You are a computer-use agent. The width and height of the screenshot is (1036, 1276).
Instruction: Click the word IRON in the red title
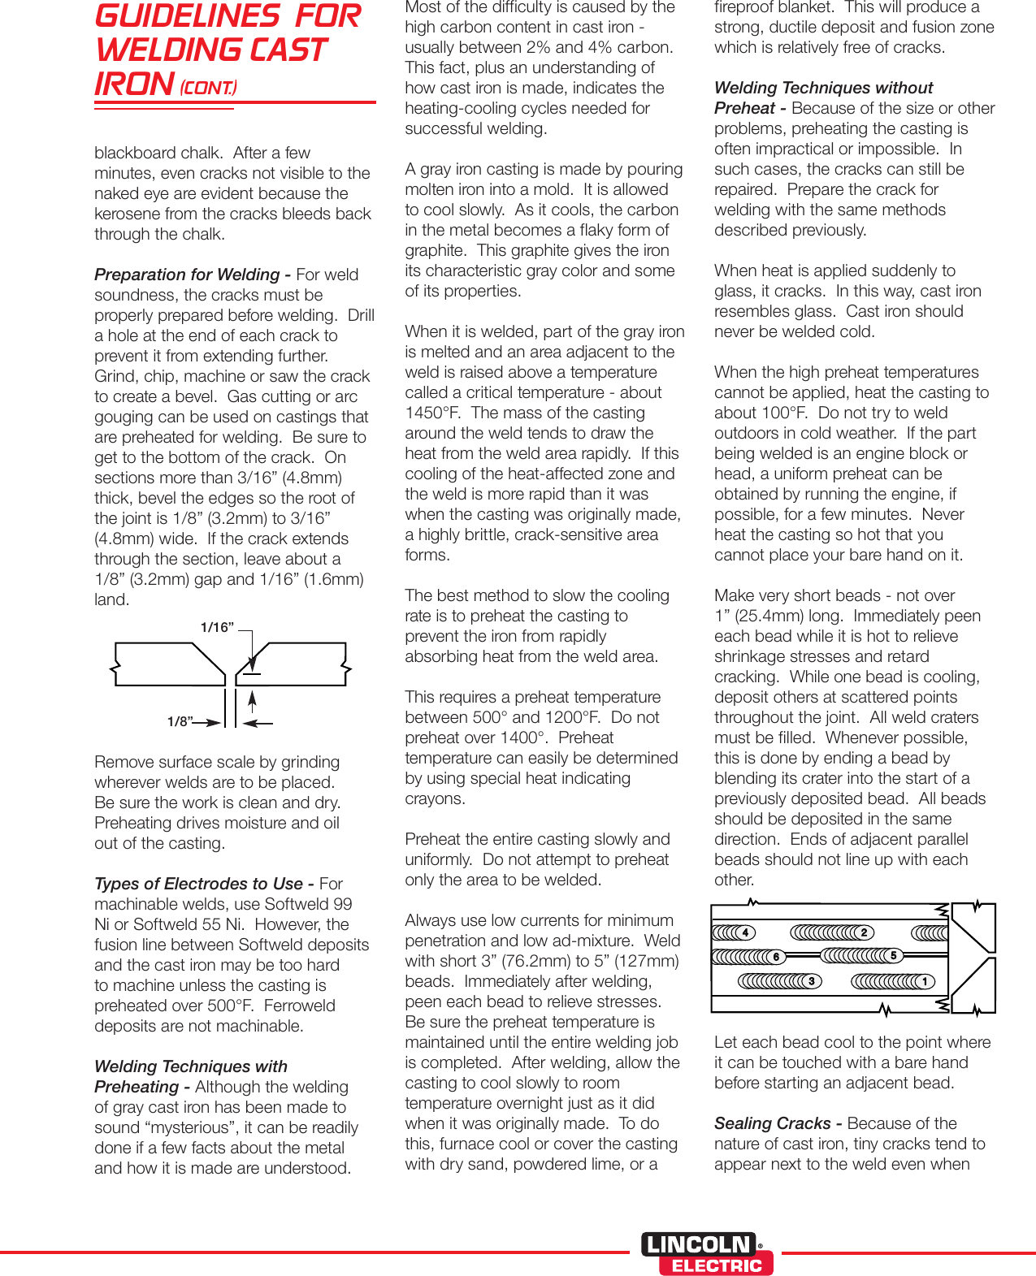(134, 84)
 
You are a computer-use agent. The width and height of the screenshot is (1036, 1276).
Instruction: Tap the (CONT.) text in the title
(209, 88)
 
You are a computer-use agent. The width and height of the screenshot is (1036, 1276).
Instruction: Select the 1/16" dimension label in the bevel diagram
(217, 627)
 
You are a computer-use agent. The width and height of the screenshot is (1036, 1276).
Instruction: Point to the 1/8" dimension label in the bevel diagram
(180, 721)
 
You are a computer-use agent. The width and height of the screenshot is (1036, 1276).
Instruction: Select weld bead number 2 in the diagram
(832, 932)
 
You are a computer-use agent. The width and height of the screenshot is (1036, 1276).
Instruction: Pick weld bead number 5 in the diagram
(862, 955)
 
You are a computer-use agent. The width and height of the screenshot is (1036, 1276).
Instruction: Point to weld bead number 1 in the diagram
(893, 981)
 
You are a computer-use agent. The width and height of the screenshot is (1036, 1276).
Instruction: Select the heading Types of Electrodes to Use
(198, 884)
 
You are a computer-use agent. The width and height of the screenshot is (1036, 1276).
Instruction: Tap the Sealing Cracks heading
(772, 1123)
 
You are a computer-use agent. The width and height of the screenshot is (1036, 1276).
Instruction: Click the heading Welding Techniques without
(823, 88)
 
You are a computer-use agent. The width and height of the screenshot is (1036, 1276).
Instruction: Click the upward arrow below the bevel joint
(253, 702)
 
